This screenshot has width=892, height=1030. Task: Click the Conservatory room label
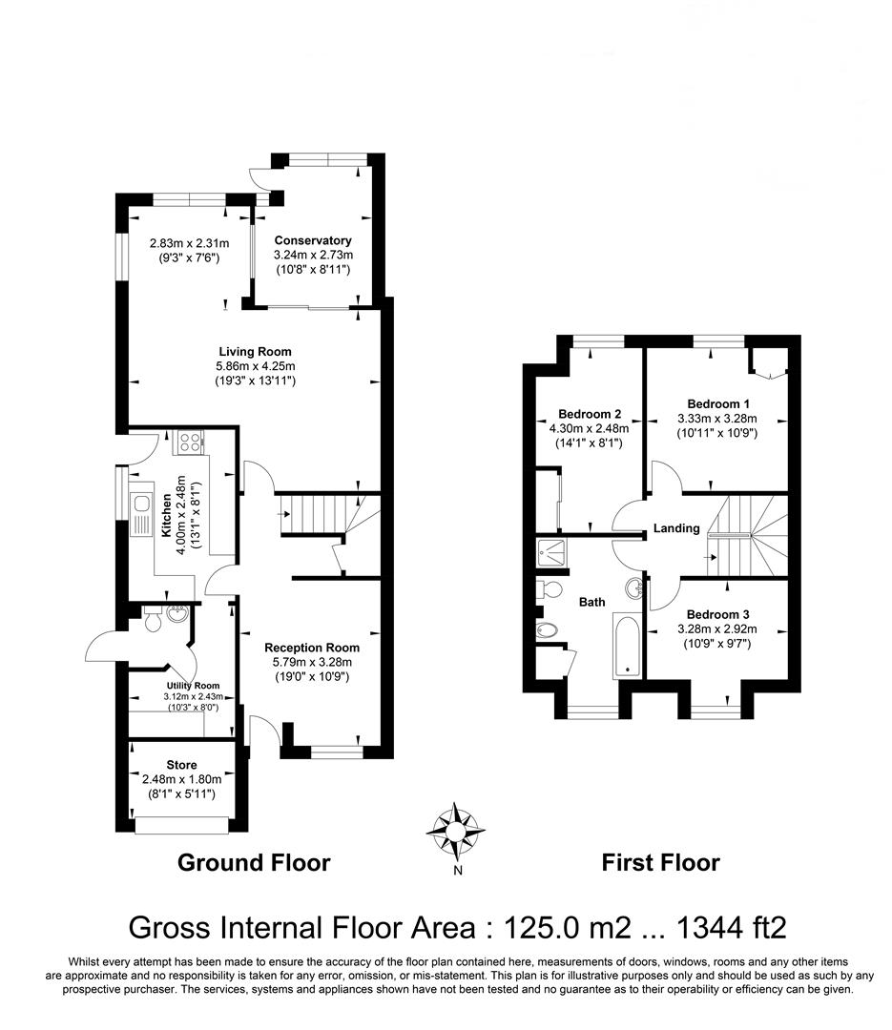[x=313, y=240]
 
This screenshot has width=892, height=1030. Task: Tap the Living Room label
[x=255, y=351]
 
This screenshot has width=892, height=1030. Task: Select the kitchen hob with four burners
[x=189, y=443]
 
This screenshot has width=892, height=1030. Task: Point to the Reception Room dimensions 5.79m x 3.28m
[x=312, y=662]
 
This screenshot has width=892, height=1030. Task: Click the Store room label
[x=181, y=765]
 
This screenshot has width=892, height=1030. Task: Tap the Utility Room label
[x=193, y=686]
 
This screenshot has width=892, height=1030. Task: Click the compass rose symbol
[x=455, y=832]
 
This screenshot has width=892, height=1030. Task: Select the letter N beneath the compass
[x=458, y=871]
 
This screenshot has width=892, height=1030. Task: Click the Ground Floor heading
[x=254, y=862]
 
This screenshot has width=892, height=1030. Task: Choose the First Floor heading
[x=660, y=862]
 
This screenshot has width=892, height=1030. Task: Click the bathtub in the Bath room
[x=627, y=647]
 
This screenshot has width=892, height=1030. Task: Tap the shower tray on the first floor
[x=550, y=553]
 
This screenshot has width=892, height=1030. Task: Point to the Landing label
[x=676, y=528]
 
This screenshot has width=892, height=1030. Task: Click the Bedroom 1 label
[x=718, y=404]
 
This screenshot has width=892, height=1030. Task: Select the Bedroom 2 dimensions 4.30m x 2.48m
[x=589, y=428]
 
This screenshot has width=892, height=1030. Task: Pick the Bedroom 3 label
[x=717, y=614]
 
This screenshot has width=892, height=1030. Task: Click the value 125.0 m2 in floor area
[x=568, y=928]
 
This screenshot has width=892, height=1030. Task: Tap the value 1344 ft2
[x=732, y=928]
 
